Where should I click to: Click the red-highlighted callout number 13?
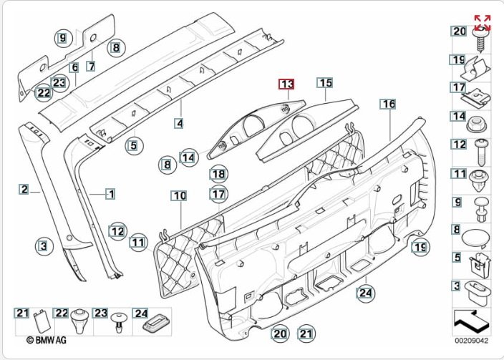coord(286,84)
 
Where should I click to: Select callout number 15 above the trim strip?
coord(326,84)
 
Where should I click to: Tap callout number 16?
coord(388,104)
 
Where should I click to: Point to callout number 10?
coord(179,195)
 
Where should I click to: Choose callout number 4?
coord(179,123)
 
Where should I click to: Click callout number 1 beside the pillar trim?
coord(111,193)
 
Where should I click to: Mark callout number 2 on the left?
coord(24,190)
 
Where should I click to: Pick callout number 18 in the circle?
coord(218,174)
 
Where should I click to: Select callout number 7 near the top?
coord(91,66)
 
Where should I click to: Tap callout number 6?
coord(74,67)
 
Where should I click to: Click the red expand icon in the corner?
coord(483,21)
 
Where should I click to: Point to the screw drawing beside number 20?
coord(482,37)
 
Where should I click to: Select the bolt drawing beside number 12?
coord(481,149)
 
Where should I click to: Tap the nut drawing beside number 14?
coord(480,122)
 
